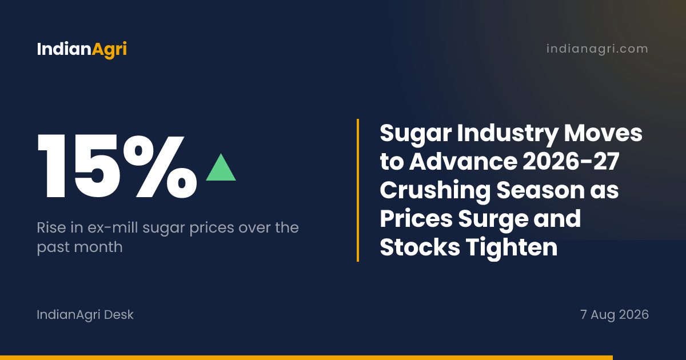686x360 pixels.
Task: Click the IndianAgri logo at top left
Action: click(82, 49)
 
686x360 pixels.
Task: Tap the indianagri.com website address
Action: click(597, 49)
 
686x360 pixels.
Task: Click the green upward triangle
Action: click(221, 167)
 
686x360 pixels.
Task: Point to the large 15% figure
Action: click(117, 166)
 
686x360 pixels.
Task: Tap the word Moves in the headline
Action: click(603, 133)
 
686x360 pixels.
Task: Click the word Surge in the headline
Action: click(493, 219)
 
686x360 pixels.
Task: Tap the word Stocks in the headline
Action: click(420, 247)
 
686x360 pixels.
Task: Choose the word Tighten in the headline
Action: click(512, 247)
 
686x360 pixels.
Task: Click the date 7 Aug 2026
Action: click(615, 315)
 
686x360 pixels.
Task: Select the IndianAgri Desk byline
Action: click(85, 315)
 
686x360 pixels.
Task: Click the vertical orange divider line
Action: click(358, 190)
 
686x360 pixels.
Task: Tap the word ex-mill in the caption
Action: click(113, 227)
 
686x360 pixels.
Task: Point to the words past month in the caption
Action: click(79, 247)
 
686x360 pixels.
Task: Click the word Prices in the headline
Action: click(416, 218)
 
